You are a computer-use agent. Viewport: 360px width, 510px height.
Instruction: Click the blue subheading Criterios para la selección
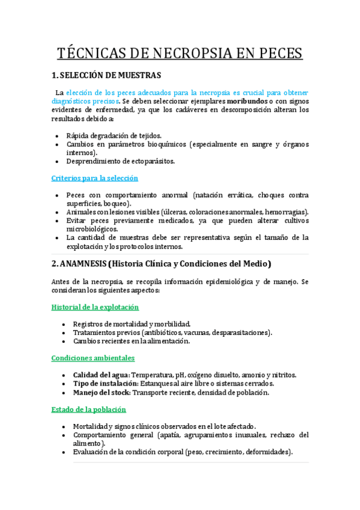point(95,179)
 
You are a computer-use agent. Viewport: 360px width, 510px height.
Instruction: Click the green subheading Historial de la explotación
point(95,307)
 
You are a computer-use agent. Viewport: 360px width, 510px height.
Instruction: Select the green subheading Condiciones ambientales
point(93,358)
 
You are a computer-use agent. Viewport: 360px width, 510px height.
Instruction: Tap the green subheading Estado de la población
point(89,409)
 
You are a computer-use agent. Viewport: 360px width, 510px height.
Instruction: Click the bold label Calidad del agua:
point(101,375)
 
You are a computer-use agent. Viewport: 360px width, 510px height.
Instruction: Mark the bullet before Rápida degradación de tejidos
point(56,136)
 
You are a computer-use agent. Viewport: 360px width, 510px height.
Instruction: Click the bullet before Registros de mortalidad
point(64,324)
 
